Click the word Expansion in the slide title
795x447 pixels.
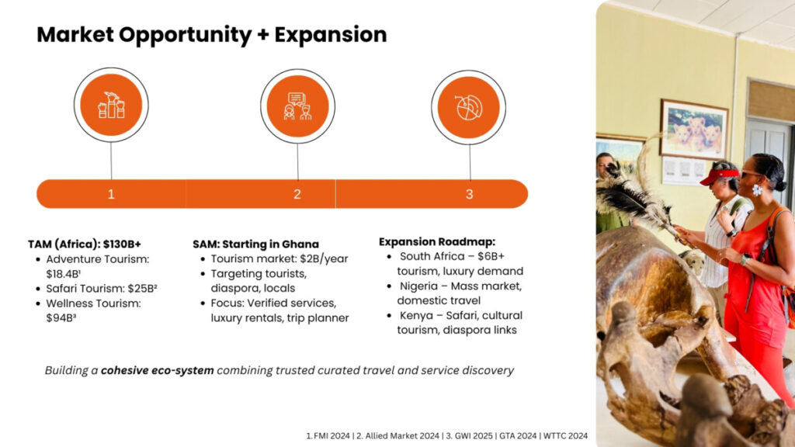(x=331, y=35)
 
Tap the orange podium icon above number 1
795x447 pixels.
(x=111, y=105)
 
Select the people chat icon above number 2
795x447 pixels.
(x=297, y=106)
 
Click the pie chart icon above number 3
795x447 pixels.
(x=468, y=107)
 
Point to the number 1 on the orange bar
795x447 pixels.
(x=111, y=194)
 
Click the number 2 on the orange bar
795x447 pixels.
(x=297, y=194)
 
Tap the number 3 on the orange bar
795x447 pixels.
(x=469, y=194)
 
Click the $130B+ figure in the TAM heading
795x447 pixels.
(x=122, y=244)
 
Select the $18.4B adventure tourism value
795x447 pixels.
(x=64, y=274)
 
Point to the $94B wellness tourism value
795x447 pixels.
(x=61, y=317)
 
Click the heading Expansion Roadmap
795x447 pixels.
(x=437, y=242)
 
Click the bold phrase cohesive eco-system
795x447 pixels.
(x=157, y=370)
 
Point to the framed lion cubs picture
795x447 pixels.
(x=693, y=130)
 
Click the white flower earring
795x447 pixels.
(x=756, y=190)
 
